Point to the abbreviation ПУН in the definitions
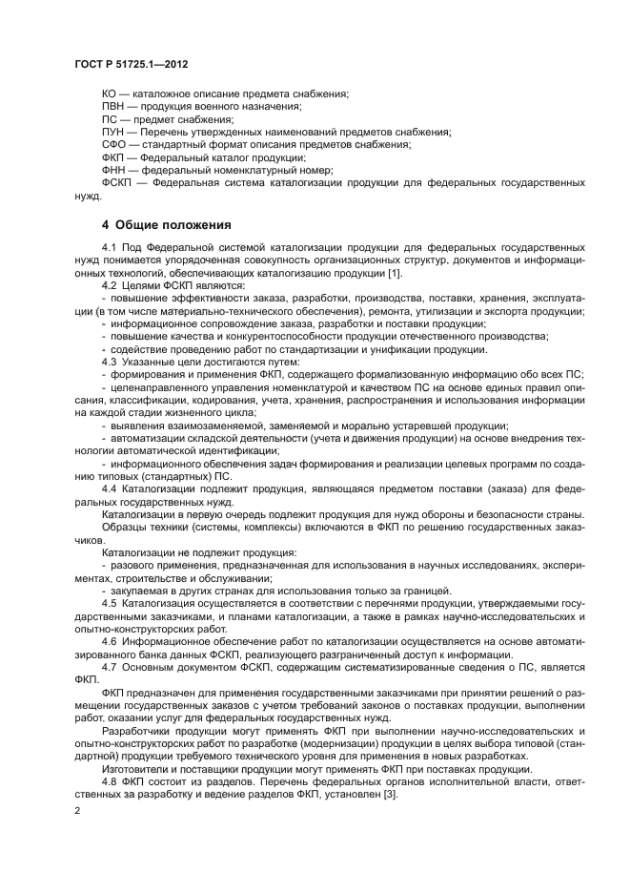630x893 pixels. [x=112, y=132]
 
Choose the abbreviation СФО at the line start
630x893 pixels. [x=112, y=144]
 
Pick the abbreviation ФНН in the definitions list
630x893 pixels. [x=112, y=169]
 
